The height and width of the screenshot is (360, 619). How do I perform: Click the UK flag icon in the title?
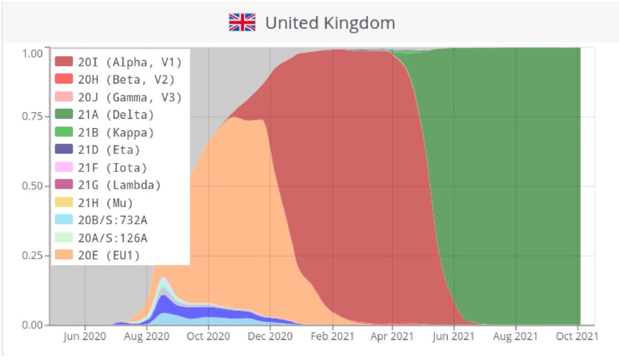[x=242, y=23]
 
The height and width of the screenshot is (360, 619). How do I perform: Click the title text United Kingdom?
[x=330, y=23]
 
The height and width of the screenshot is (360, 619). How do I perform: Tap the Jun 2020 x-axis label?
[x=84, y=336]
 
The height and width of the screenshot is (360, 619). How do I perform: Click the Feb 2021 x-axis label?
[x=331, y=336]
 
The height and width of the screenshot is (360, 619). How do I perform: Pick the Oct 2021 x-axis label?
[x=577, y=336]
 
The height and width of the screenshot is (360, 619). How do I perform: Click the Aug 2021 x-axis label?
[x=516, y=336]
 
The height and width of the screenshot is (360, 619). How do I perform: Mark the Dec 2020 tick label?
[x=270, y=336]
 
